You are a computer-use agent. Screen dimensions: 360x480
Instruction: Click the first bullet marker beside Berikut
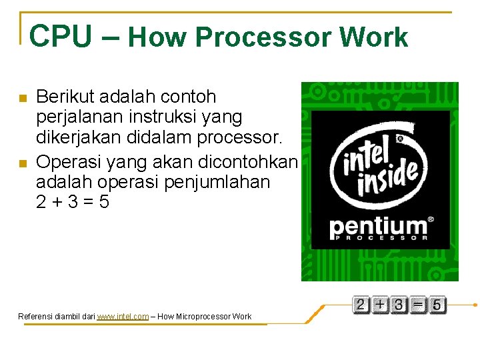pyautogui.click(x=22, y=98)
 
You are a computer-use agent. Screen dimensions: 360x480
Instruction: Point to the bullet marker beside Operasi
pyautogui.click(x=22, y=163)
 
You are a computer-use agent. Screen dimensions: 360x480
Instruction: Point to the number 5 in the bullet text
pyautogui.click(x=103, y=201)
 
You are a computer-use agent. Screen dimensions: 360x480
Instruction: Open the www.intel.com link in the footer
pyautogui.click(x=122, y=317)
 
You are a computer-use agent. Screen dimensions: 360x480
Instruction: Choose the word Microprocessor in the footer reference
pyautogui.click(x=200, y=317)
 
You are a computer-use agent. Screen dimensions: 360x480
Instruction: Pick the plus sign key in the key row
pyautogui.click(x=379, y=305)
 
